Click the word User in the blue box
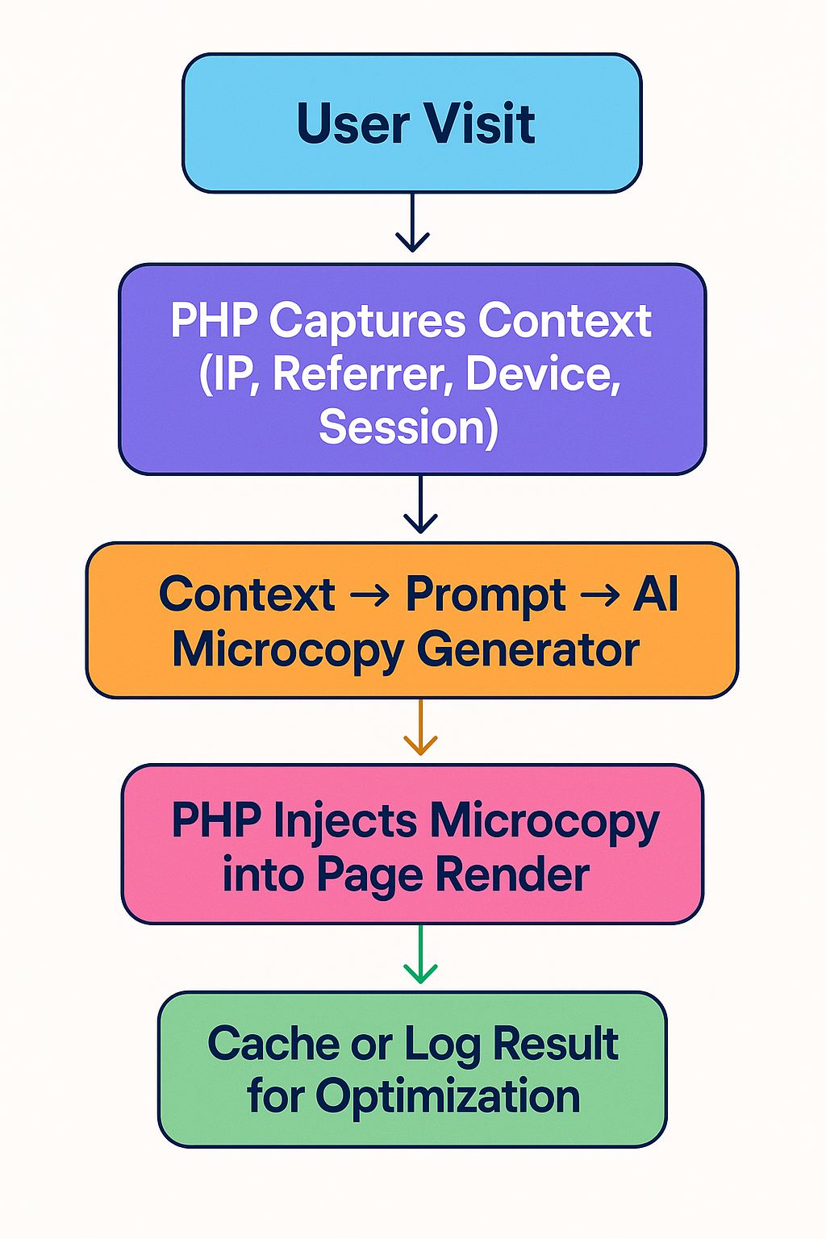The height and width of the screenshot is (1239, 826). coord(353,124)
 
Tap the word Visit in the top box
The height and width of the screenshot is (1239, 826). coord(479,124)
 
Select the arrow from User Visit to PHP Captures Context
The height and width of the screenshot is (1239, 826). coord(412,223)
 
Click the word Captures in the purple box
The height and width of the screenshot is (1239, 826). coord(367,321)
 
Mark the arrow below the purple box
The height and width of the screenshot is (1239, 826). coord(420,505)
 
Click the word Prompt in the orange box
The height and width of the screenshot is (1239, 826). coord(485,594)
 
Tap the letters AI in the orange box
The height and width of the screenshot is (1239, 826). coord(655,594)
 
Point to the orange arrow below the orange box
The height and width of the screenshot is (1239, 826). coord(420,728)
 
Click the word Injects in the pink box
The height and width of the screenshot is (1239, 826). coord(345,821)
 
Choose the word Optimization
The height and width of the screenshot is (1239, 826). coord(448,1097)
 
